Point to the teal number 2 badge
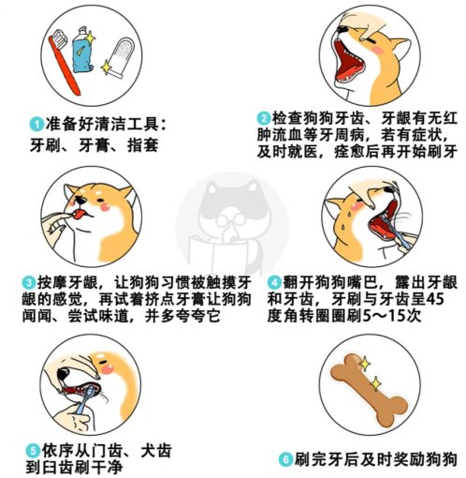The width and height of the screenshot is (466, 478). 266,118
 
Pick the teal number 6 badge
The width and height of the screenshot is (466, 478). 286,460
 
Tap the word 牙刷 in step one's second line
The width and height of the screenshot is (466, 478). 50,144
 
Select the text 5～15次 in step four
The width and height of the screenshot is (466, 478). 413,318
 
